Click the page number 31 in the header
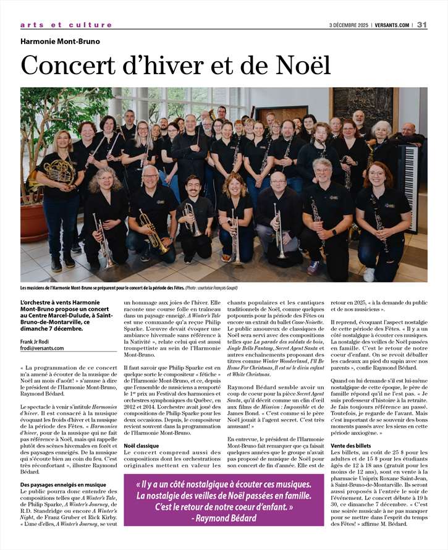click(422, 25)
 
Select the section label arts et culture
click(66, 25)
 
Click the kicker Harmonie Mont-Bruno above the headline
click(60, 41)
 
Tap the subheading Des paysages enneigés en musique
click(63, 485)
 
